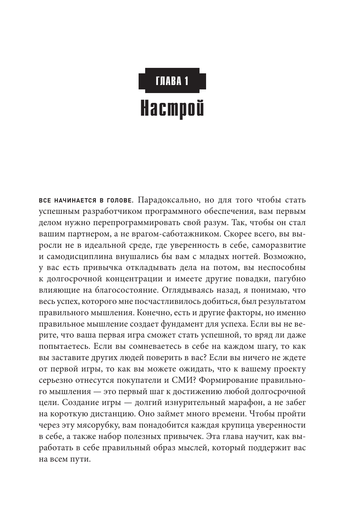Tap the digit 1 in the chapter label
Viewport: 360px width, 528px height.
[x=186, y=81]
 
